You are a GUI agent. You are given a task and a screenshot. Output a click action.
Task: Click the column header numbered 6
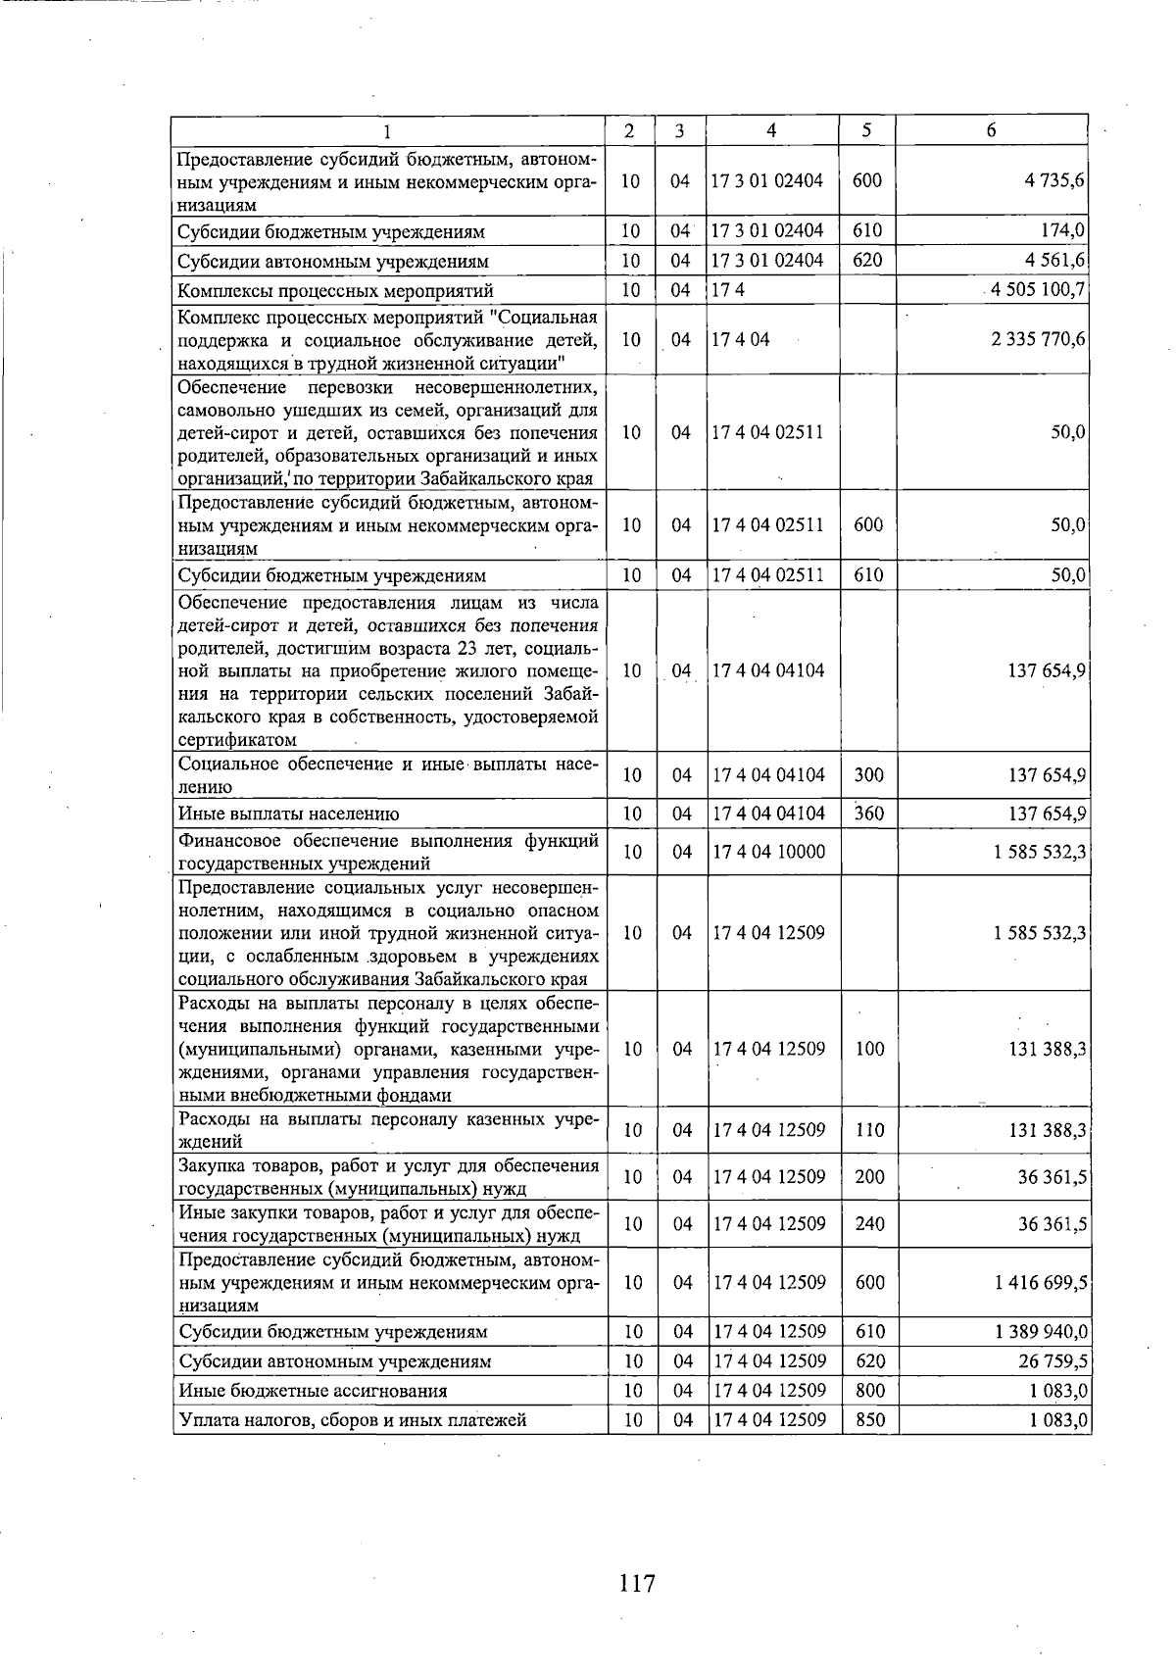click(991, 130)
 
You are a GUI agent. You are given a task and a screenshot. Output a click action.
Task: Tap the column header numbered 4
click(771, 130)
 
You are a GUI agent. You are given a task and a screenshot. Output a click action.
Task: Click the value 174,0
click(1062, 232)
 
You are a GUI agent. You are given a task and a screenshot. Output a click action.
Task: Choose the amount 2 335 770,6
click(1040, 340)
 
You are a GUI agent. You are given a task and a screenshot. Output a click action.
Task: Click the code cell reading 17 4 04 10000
click(769, 852)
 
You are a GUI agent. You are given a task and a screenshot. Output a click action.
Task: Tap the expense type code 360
click(868, 814)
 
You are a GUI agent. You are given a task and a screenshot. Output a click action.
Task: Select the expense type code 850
click(870, 1419)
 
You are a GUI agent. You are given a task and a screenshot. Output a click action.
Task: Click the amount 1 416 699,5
click(1041, 1283)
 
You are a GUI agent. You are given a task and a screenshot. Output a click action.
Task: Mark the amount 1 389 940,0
click(1041, 1332)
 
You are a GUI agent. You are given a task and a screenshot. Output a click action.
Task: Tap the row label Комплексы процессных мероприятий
click(335, 291)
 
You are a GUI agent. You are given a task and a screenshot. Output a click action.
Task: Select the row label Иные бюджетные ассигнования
click(313, 1391)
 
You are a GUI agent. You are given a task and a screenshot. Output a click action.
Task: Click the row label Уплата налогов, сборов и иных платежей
click(353, 1420)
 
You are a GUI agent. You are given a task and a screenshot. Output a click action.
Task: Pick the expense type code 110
click(869, 1130)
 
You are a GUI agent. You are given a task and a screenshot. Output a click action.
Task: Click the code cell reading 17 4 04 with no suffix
click(742, 340)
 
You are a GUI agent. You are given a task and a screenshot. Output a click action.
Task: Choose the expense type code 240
click(869, 1224)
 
